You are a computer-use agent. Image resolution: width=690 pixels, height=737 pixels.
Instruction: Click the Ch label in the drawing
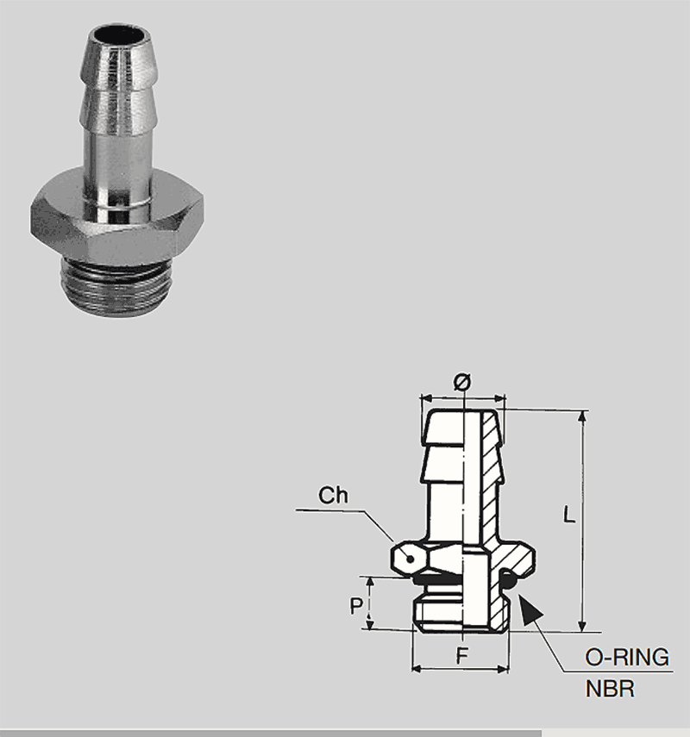tap(333, 496)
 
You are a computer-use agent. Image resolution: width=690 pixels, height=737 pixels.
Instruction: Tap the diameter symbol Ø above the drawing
tap(462, 382)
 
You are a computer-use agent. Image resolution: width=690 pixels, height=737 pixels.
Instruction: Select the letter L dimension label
tap(569, 515)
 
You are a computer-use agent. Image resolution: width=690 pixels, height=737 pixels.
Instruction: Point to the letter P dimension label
tap(356, 606)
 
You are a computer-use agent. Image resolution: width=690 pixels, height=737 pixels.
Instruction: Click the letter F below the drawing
tap(462, 655)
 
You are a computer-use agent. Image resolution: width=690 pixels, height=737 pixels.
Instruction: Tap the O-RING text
tap(627, 657)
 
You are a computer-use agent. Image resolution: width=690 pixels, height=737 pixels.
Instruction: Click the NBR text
tap(610, 689)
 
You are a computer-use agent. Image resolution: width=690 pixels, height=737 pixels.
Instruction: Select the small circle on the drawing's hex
tap(411, 559)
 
